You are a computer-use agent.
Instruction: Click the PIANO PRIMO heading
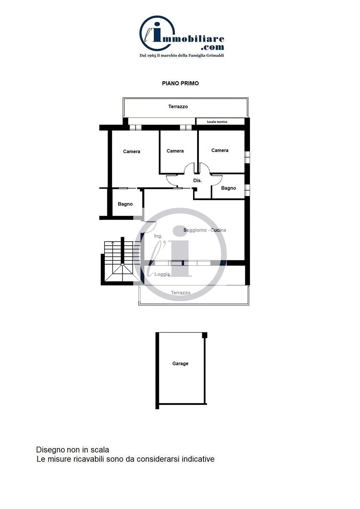(x=180, y=83)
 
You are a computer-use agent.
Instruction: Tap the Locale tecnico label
(x=217, y=122)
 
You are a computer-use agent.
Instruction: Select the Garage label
(x=180, y=364)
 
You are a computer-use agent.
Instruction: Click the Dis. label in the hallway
(x=197, y=181)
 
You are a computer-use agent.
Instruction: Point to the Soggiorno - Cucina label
(x=205, y=230)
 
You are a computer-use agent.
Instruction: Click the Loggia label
(x=162, y=274)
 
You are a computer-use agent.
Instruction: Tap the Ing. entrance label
(x=158, y=236)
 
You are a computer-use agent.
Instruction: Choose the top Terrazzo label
(x=178, y=106)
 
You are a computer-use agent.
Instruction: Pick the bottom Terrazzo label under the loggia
(x=181, y=293)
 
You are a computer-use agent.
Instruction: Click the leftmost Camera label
(x=131, y=151)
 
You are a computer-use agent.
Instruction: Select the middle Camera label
(x=175, y=151)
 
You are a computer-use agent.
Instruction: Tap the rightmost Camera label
(x=220, y=150)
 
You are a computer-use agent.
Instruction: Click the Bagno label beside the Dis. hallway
(x=228, y=188)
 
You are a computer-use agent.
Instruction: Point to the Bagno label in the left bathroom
(x=125, y=204)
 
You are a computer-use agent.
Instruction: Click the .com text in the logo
(x=213, y=47)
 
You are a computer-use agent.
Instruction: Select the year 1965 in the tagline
(x=152, y=55)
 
